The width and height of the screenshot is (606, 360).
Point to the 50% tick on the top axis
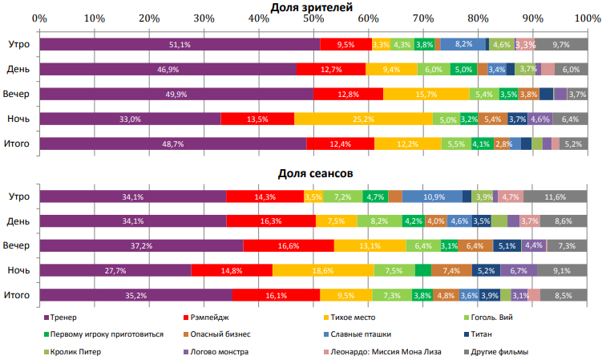[x=313, y=18]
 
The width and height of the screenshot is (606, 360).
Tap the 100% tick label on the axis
[x=587, y=18]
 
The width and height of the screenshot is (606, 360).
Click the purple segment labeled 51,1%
[x=180, y=45]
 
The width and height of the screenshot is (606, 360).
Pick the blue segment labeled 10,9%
[x=432, y=196]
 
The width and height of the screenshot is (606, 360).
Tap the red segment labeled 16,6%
[x=289, y=245]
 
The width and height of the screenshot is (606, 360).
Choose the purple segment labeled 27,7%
[x=115, y=270]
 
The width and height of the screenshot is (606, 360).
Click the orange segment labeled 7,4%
[x=451, y=270]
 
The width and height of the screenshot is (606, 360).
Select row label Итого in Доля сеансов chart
[x=17, y=295]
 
